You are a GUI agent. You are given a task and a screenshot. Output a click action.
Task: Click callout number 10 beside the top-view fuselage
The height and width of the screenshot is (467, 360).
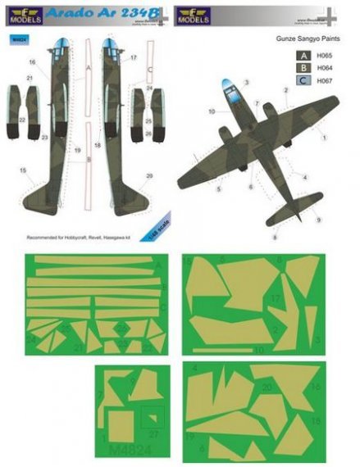212,110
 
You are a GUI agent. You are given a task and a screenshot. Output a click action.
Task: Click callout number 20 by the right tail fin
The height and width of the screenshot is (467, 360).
149,176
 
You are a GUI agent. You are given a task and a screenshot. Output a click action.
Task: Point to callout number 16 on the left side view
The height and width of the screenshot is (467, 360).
34,61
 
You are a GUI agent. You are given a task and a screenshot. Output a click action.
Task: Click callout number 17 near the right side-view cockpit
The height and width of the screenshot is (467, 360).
132,58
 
